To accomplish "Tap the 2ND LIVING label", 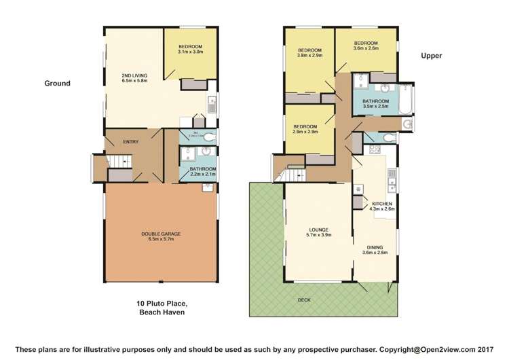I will [x=134, y=77].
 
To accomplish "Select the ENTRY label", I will [x=130, y=141].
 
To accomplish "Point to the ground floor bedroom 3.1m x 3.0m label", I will [x=190, y=49].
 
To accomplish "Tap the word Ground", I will [x=58, y=84].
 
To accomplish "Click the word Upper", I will [x=432, y=56].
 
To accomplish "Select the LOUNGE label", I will [x=318, y=232].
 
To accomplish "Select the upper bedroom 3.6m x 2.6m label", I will [x=365, y=45].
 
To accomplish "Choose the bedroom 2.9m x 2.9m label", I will [x=305, y=129].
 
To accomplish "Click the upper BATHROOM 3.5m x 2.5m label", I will [x=375, y=104].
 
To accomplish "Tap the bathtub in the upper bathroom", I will [x=406, y=98].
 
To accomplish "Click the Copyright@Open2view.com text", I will [x=427, y=350].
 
